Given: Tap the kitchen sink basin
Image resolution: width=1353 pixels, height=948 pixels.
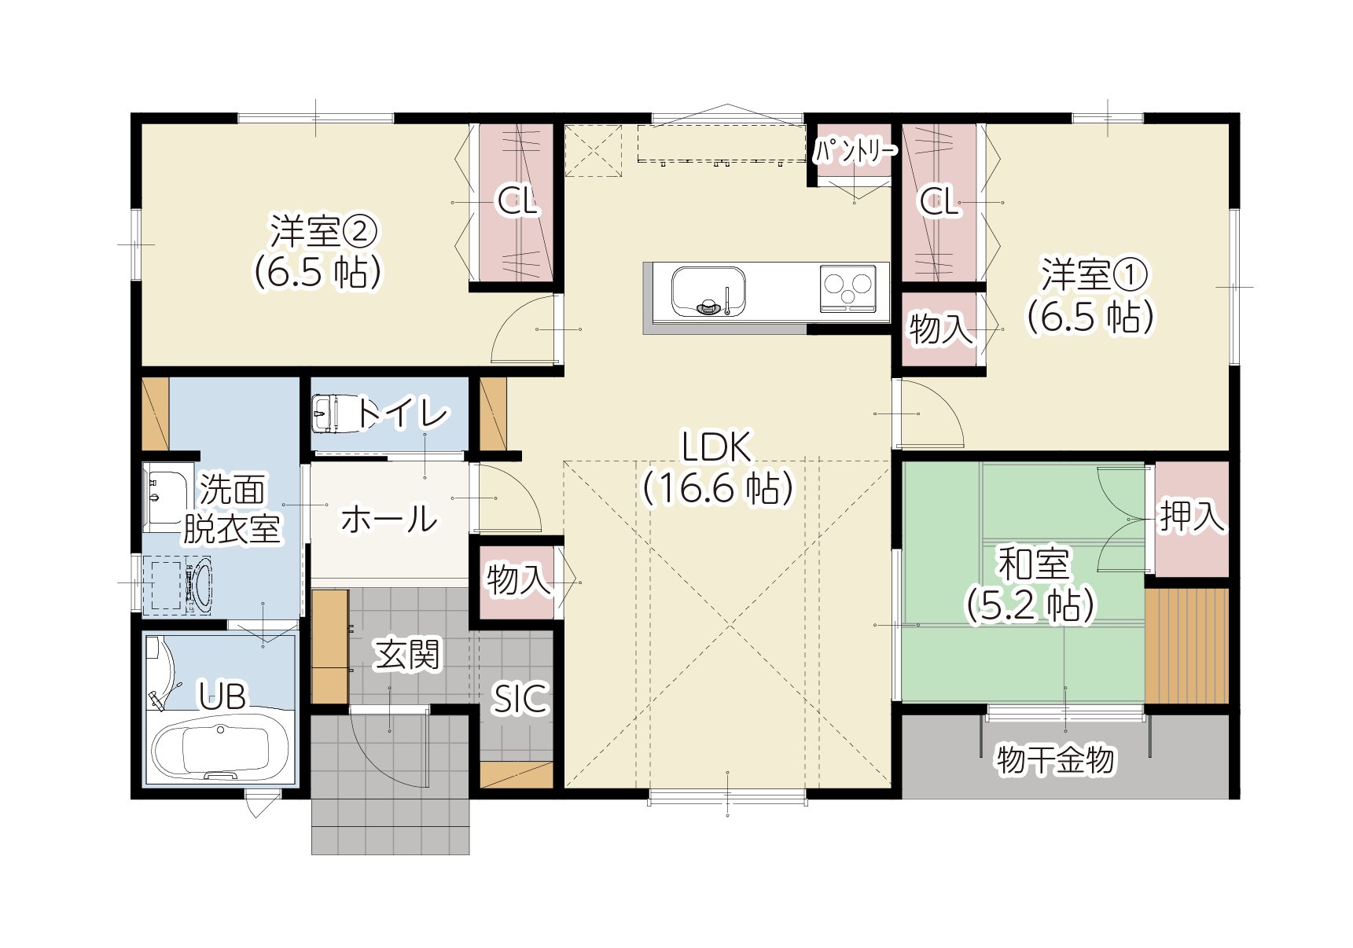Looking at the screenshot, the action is pyautogui.click(x=708, y=291).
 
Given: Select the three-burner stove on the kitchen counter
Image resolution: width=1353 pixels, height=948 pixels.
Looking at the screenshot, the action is pyautogui.click(x=847, y=288).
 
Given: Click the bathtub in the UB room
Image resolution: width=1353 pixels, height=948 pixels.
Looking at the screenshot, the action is pyautogui.click(x=220, y=750).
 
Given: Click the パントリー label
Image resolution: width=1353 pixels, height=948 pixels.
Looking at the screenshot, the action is pyautogui.click(x=855, y=149).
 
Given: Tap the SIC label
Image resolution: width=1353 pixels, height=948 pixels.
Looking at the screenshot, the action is pyautogui.click(x=520, y=699).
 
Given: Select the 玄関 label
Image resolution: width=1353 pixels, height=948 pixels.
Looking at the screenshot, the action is pyautogui.click(x=406, y=655).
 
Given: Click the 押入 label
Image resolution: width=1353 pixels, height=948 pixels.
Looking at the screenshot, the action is pyautogui.click(x=1192, y=516).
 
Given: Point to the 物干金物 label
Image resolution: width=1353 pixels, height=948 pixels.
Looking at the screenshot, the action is pyautogui.click(x=1055, y=759).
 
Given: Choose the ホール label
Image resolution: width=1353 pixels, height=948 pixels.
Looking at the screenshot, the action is pyautogui.click(x=389, y=519).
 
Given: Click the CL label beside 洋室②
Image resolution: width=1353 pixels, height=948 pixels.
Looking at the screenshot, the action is pyautogui.click(x=517, y=201).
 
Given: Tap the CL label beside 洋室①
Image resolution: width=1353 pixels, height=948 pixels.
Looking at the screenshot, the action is pyautogui.click(x=940, y=201).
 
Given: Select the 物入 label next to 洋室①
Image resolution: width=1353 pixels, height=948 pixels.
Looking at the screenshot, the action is pyautogui.click(x=942, y=328).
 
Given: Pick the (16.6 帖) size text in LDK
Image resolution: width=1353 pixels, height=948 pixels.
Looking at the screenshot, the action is pyautogui.click(x=719, y=488).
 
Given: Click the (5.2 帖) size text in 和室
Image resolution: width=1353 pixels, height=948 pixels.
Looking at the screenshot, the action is pyautogui.click(x=1030, y=605).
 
